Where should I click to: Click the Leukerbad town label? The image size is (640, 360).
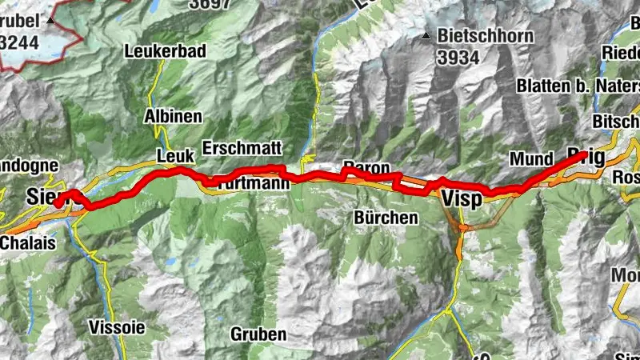point(166,51)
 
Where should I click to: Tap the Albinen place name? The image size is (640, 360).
point(173,117)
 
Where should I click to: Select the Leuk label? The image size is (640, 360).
point(175,155)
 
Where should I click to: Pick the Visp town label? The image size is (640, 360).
point(462,199)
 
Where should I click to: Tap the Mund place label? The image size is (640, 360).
point(531,160)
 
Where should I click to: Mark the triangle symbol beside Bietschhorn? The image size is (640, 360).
point(429,36)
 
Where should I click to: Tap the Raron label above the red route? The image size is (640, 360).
point(366,166)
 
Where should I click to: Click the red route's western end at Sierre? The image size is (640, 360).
point(58,203)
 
